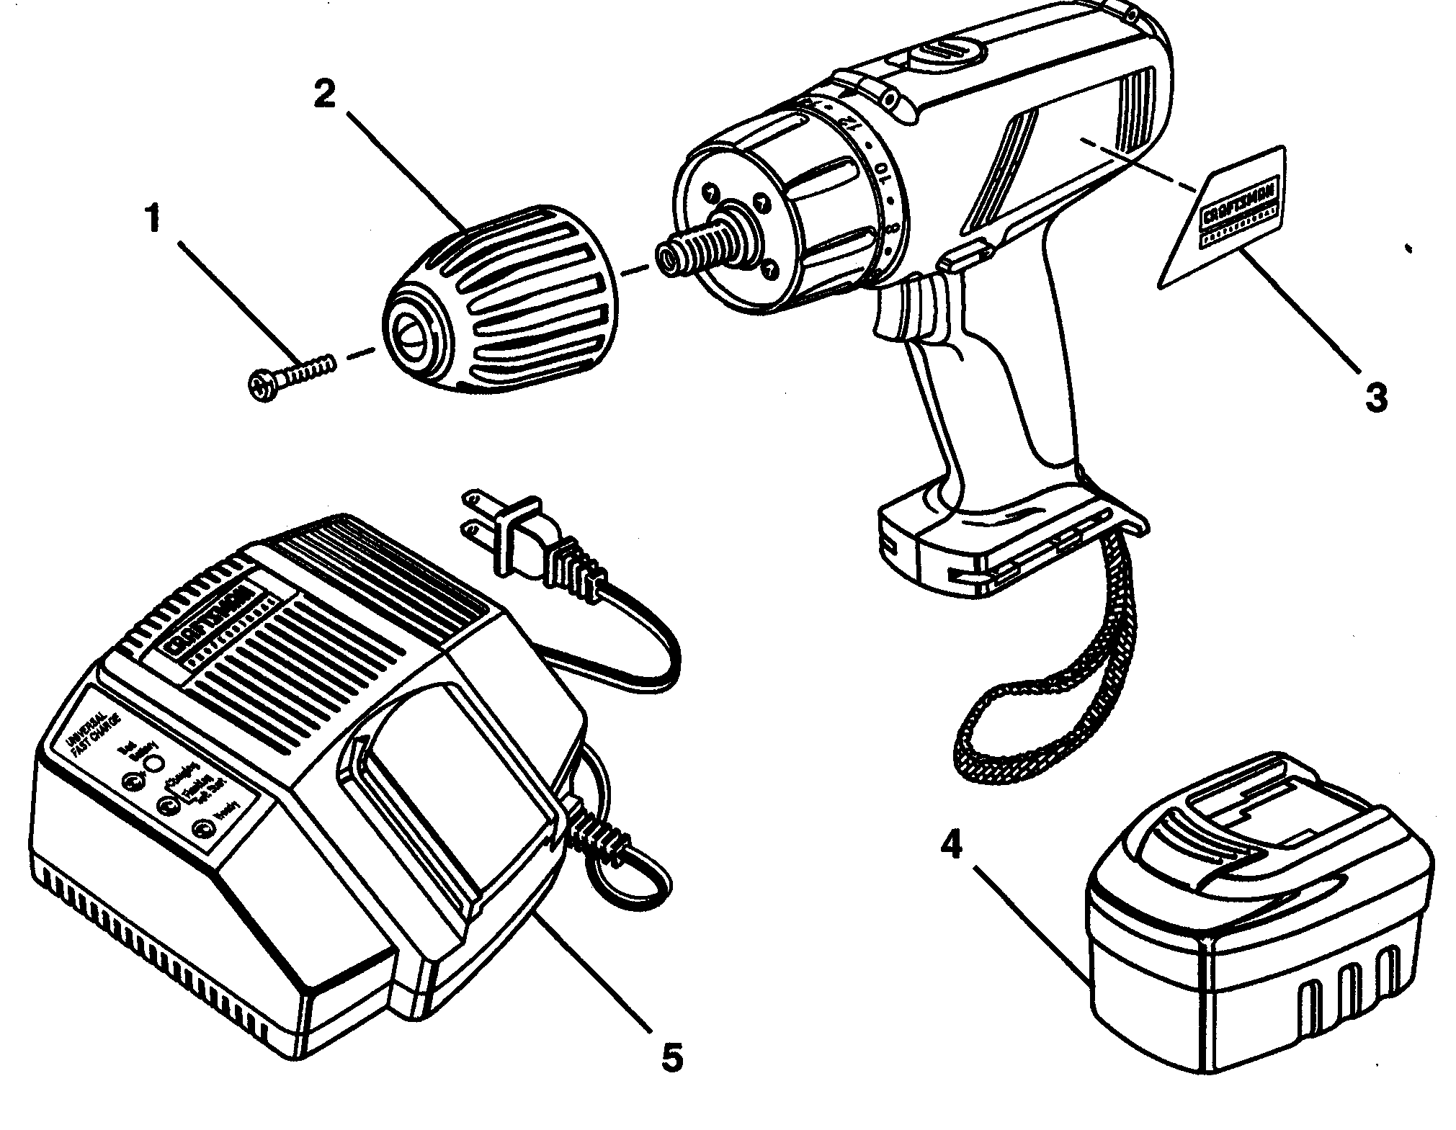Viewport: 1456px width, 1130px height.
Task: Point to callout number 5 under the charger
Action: pyautogui.click(x=671, y=1057)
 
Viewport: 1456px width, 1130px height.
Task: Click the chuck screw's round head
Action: pyautogui.click(x=262, y=386)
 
